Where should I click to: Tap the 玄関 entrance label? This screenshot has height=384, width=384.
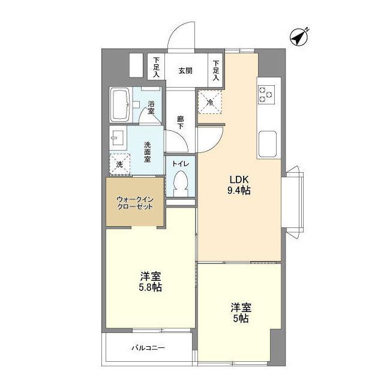click(185, 71)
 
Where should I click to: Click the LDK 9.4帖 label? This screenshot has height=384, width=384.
click(238, 185)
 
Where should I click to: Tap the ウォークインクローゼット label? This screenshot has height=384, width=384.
click(134, 202)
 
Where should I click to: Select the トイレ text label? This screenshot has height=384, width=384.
click(180, 164)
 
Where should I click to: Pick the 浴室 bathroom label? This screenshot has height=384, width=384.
click(151, 107)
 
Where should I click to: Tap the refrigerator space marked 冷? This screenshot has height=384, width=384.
click(210, 101)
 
